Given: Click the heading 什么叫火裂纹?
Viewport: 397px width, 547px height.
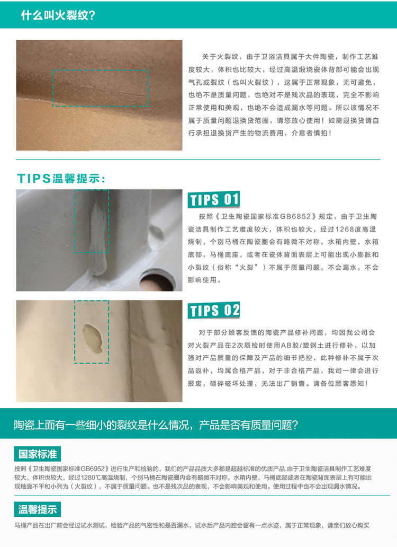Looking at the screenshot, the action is (x=58, y=15).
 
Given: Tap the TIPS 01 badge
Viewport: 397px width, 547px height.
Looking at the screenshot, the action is (x=214, y=199).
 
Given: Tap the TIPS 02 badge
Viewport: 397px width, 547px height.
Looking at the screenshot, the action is (x=214, y=310).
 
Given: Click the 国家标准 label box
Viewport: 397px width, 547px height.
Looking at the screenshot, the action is (x=37, y=454).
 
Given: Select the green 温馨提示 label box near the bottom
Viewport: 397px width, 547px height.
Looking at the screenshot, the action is (x=37, y=509).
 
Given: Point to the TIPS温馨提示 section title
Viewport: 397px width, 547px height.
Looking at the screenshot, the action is (x=61, y=178).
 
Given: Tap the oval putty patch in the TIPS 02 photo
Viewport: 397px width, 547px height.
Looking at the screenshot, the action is (x=92, y=338).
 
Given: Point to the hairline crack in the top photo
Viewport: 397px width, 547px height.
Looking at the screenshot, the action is (x=101, y=89).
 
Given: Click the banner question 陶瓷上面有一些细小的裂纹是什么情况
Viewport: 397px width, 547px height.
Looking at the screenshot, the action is (x=103, y=425).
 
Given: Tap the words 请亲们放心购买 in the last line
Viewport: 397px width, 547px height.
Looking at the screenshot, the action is (x=348, y=525).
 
